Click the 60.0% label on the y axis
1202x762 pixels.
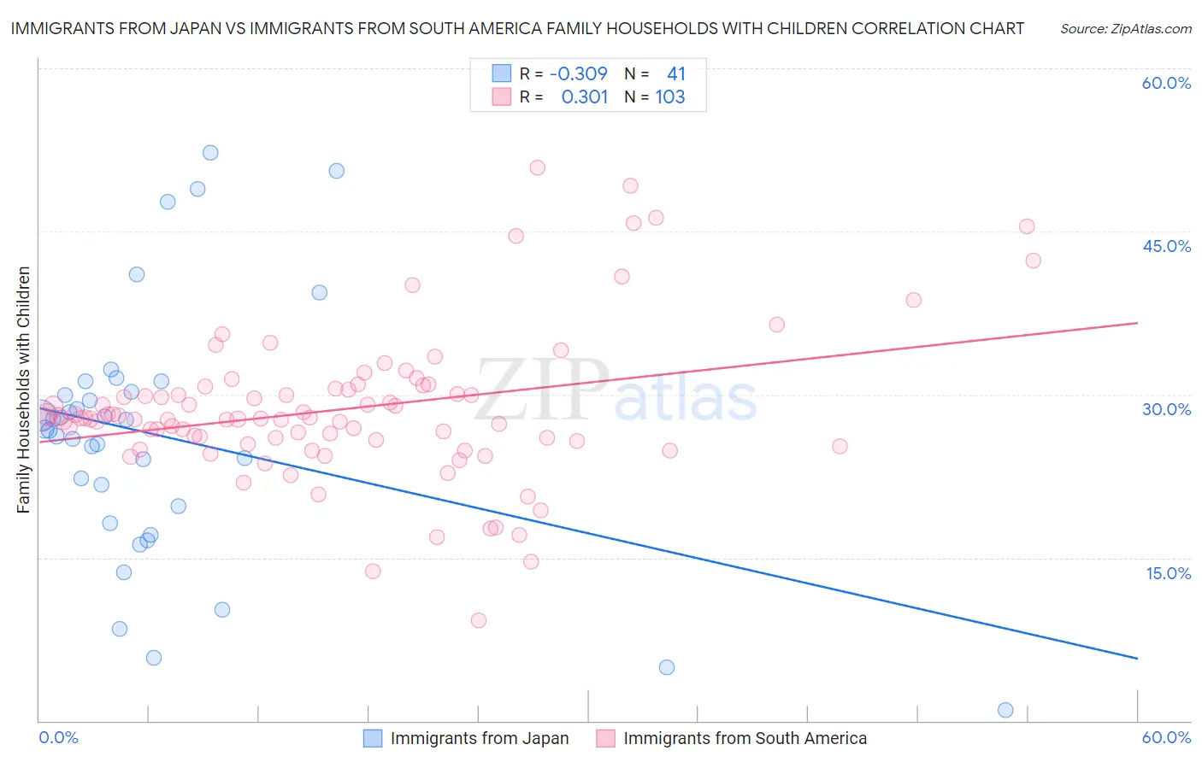pos(1166,83)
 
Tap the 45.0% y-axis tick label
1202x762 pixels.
pos(1166,246)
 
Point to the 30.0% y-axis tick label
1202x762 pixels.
pos(1166,409)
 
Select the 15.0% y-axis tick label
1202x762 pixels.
pos(1168,573)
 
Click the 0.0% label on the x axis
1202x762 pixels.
pos(58,737)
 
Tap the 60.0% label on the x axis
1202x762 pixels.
pos(1166,737)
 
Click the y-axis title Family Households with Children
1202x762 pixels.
pos(24,390)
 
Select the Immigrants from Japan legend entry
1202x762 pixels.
pos(466,739)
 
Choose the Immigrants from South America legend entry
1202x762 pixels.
pos(732,739)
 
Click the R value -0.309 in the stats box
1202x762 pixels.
pos(578,74)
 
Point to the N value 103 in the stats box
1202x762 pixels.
pos(670,97)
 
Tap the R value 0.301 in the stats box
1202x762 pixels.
pos(584,97)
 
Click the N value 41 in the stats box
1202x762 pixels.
pos(675,74)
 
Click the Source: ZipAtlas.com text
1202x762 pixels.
pos(1125,29)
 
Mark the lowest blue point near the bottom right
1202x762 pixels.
pos(1005,710)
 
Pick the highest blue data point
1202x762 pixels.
pos(210,153)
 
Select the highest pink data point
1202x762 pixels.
pos(537,167)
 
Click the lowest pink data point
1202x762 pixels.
pos(479,620)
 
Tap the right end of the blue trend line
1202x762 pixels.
pos(1137,658)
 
